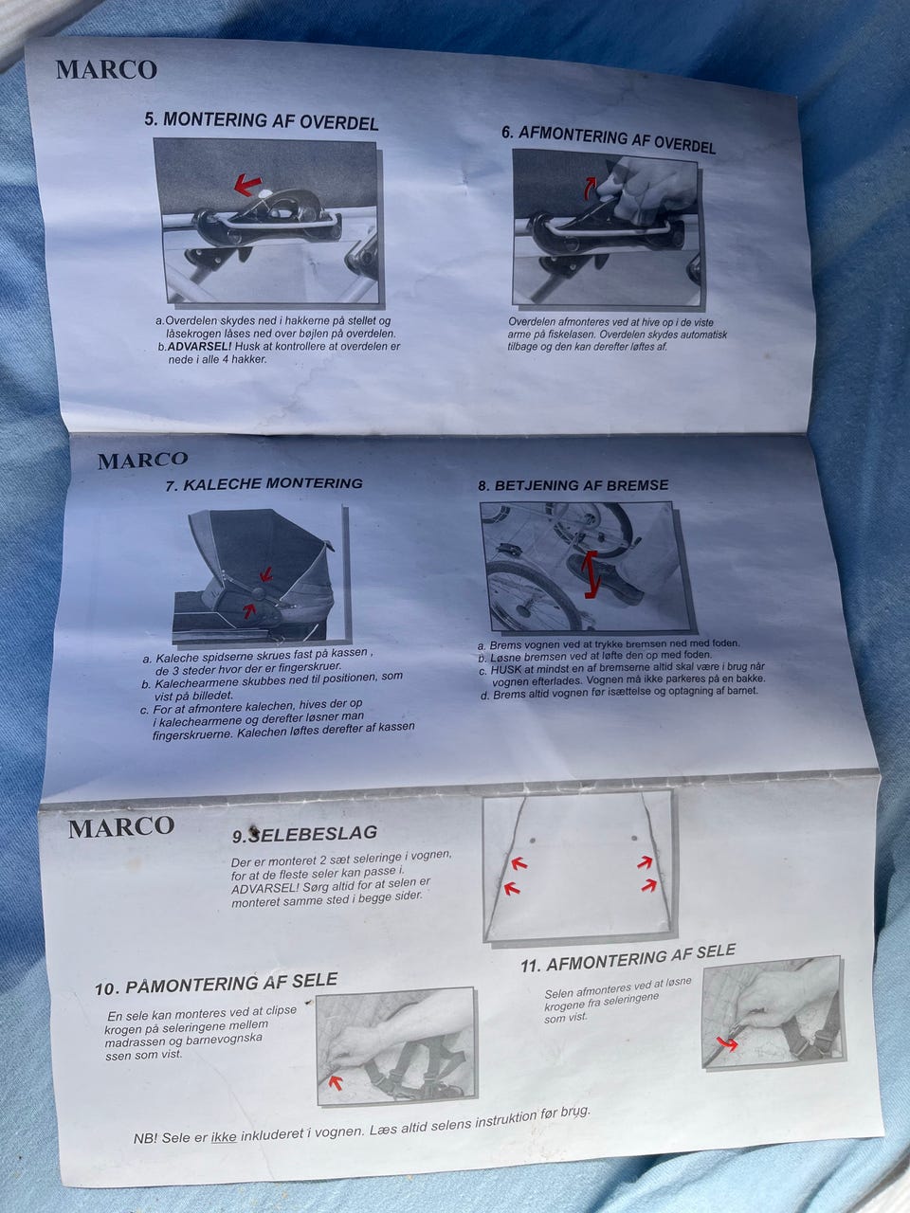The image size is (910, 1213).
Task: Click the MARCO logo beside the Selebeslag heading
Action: click(x=121, y=827)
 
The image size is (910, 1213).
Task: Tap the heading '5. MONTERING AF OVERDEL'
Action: click(x=262, y=120)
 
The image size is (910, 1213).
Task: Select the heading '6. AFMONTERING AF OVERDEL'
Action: click(x=609, y=138)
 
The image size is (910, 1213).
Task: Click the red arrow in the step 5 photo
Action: click(x=247, y=184)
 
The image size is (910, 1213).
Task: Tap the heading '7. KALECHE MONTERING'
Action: click(x=264, y=484)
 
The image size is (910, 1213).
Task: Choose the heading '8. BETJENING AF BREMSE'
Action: click(x=573, y=485)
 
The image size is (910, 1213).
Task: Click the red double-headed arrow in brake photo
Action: click(x=591, y=573)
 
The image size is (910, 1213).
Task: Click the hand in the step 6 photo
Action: click(x=652, y=188)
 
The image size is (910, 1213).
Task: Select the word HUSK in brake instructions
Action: click(x=503, y=670)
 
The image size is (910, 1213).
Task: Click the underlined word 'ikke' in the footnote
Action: click(x=224, y=1137)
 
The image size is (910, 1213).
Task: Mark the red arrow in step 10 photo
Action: click(x=335, y=1082)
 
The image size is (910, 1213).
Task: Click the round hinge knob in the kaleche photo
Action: click(x=259, y=593)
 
